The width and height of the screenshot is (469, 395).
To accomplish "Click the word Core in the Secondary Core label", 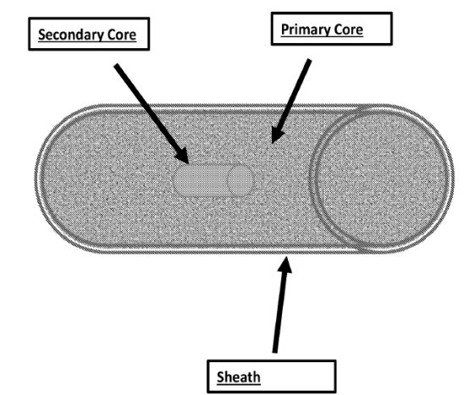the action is [x=122, y=35].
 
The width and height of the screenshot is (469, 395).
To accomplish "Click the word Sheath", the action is [x=239, y=377].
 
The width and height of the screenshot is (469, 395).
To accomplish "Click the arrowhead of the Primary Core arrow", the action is [x=277, y=134].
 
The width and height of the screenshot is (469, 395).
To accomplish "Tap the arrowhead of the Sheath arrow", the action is [x=285, y=265].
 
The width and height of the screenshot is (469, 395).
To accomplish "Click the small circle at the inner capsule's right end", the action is [x=240, y=180].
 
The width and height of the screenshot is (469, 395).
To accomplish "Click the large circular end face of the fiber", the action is [x=381, y=178].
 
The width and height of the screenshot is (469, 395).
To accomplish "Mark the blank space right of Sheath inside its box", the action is [x=298, y=376].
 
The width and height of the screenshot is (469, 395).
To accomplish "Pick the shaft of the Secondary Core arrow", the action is [x=147, y=108].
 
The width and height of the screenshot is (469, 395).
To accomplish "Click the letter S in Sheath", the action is [x=221, y=377].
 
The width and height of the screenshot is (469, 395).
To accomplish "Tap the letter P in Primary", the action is [x=285, y=30].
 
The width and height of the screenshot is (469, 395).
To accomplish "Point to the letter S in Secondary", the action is [x=42, y=35].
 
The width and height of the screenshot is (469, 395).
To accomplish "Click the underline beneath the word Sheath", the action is [x=239, y=384].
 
